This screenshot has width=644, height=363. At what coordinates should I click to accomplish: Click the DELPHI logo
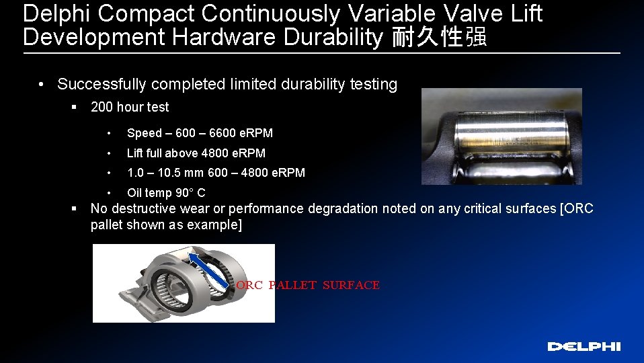[583, 346]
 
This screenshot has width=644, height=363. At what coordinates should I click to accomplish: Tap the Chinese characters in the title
[439, 37]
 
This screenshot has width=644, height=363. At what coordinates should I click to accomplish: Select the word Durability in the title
[332, 37]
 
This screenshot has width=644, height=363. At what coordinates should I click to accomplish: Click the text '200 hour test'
[130, 107]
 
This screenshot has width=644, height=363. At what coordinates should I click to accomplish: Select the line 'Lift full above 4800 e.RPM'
[196, 153]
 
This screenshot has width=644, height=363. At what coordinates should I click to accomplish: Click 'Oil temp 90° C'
[166, 193]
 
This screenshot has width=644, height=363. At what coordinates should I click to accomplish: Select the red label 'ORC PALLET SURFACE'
[308, 285]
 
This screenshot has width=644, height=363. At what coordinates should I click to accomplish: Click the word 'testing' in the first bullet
[374, 84]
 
